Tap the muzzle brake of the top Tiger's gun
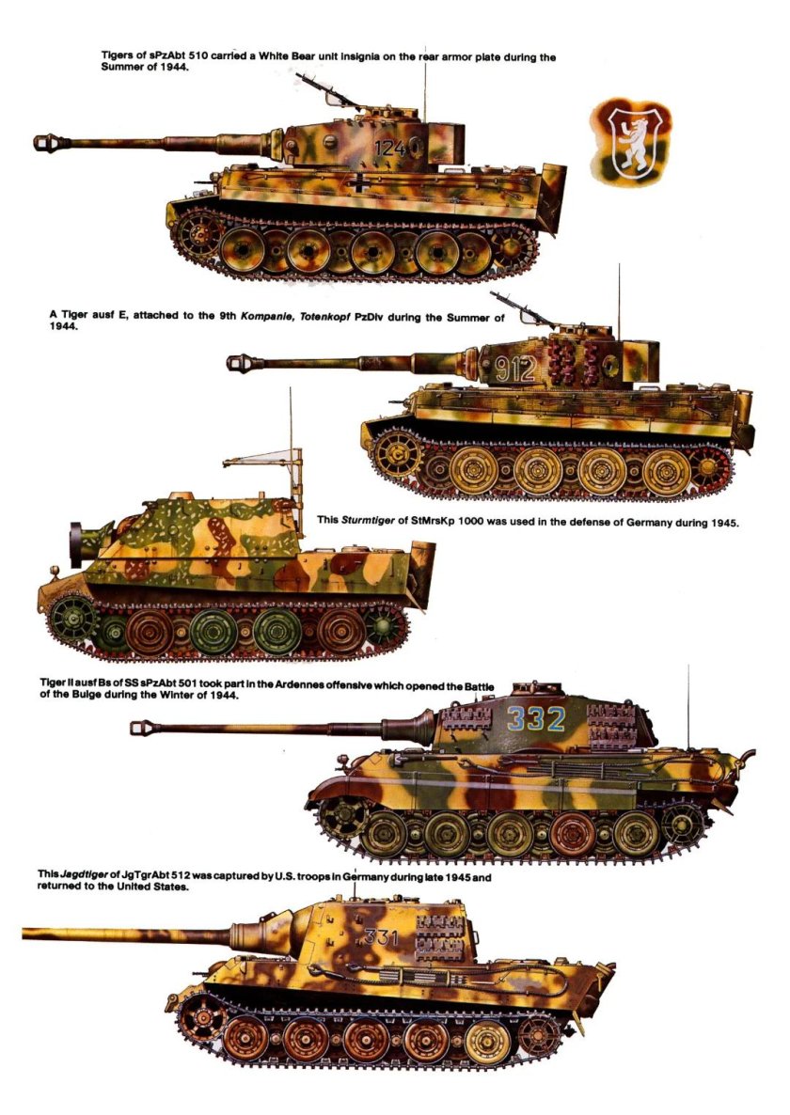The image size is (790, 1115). [47, 143]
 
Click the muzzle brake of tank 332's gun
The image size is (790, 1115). [142, 727]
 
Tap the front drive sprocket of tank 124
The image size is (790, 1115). [197, 235]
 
